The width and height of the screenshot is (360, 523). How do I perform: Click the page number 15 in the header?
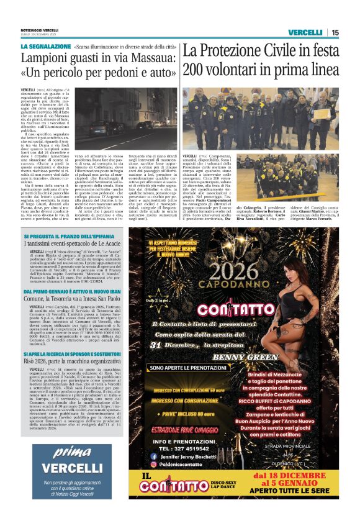coord(335,32)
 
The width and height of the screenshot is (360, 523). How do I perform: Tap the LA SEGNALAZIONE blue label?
coord(44,47)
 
